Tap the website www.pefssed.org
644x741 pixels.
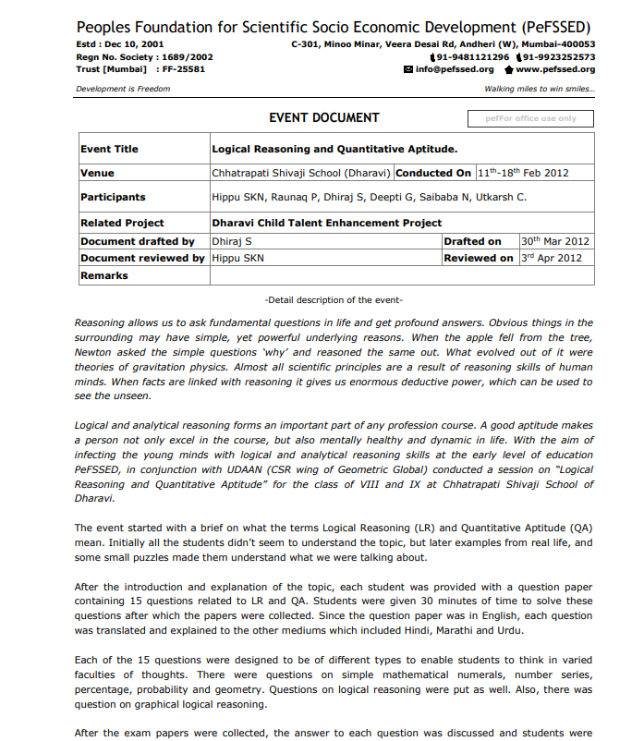click(x=555, y=69)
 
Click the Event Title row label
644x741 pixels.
click(x=109, y=149)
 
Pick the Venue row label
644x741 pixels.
click(x=97, y=173)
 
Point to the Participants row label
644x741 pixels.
click(x=113, y=197)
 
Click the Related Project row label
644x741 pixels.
click(x=122, y=223)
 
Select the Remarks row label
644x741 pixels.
click(x=104, y=275)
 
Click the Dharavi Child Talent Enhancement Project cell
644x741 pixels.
click(x=327, y=223)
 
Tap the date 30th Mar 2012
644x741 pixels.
click(x=553, y=241)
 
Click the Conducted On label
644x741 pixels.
click(x=433, y=173)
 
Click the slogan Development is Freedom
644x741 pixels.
click(x=123, y=89)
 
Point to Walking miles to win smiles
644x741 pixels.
click(x=540, y=89)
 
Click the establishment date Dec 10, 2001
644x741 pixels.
click(x=138, y=43)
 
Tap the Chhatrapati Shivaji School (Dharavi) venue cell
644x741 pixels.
click(x=302, y=173)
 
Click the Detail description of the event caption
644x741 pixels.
click(x=334, y=300)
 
